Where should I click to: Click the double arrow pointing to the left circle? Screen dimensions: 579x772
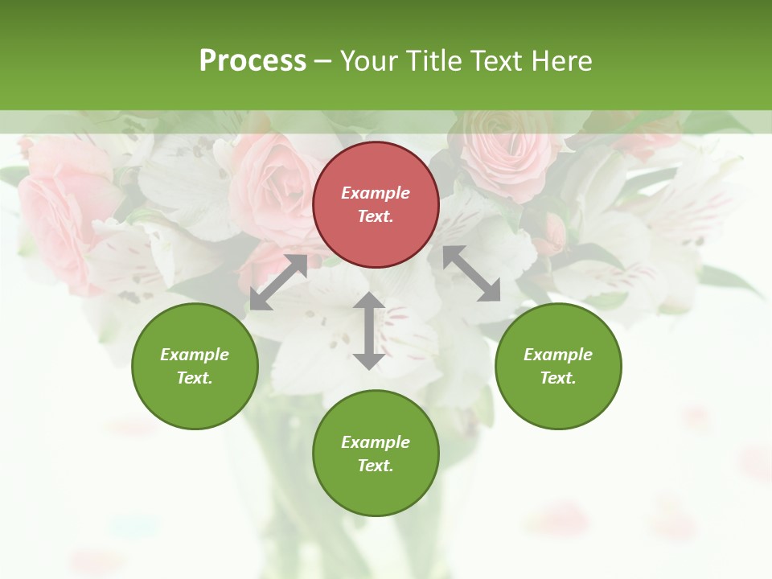[278, 282]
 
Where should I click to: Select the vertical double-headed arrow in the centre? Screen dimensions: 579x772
[369, 331]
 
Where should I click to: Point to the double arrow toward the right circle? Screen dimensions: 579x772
[472, 273]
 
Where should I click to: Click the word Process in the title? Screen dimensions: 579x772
[253, 60]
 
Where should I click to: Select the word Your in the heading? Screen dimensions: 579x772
[369, 60]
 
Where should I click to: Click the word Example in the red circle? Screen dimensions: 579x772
[376, 193]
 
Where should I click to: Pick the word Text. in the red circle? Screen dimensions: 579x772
[376, 216]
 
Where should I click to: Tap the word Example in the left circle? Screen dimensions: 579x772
[195, 355]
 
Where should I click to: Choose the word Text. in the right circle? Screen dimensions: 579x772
[558, 378]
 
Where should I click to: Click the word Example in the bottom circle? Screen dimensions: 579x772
[376, 442]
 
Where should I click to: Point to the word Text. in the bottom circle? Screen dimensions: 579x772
[376, 466]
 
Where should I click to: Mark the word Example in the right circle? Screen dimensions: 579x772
[558, 355]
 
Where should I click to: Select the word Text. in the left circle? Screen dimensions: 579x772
[195, 378]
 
